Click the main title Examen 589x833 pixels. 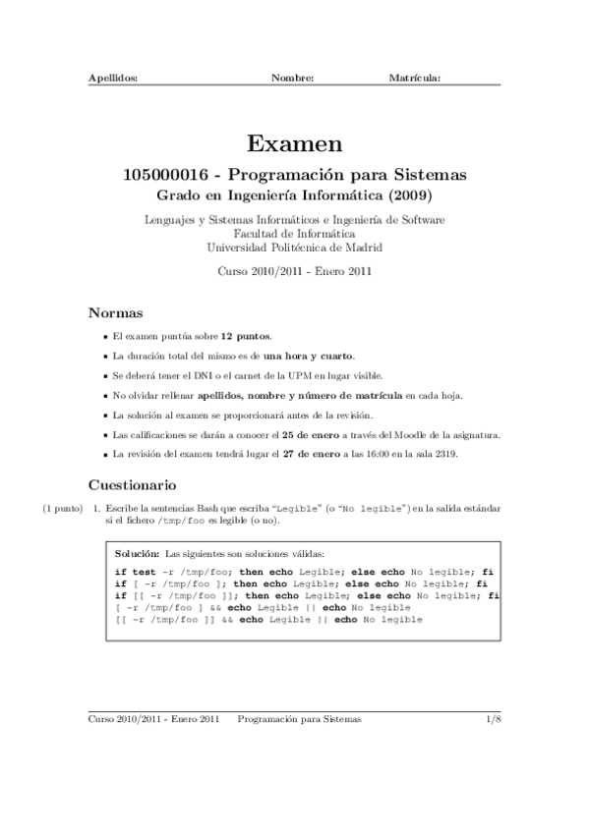click(294, 144)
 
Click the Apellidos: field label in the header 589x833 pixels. click(113, 76)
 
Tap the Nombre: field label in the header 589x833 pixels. click(292, 76)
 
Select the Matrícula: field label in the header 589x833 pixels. click(414, 76)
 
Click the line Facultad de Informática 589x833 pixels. click(294, 234)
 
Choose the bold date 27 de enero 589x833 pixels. click(301, 454)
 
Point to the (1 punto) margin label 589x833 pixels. click(62, 508)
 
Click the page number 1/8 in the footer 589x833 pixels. click(493, 719)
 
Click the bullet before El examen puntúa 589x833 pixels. click(104, 336)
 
